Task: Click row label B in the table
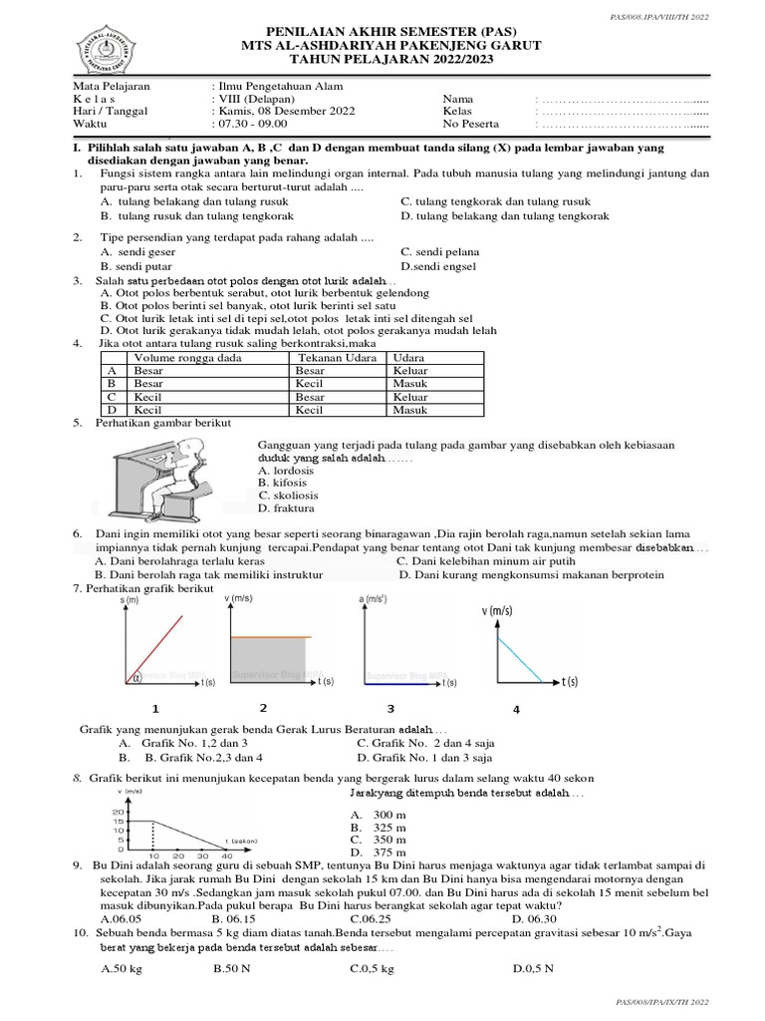(x=113, y=383)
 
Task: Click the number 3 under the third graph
(x=390, y=709)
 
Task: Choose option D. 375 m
(x=378, y=852)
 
